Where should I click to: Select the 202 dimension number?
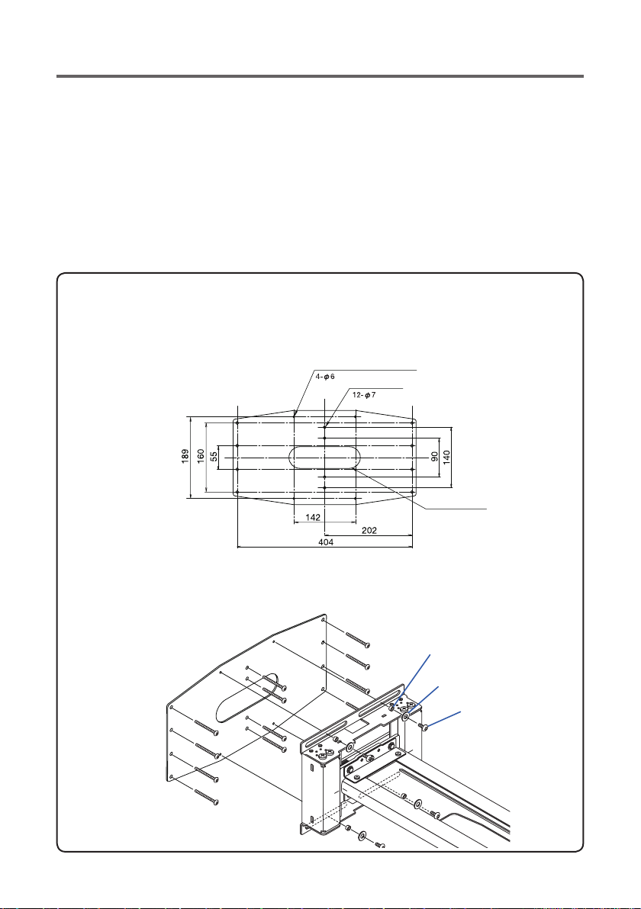click(369, 530)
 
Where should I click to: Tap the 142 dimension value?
click(313, 517)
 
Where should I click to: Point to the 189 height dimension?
click(185, 457)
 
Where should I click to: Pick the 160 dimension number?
click(201, 457)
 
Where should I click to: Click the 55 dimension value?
click(214, 457)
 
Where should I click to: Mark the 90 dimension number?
click(434, 457)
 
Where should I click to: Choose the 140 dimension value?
click(446, 457)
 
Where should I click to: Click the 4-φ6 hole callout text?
click(325, 377)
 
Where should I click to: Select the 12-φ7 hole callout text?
click(364, 395)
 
